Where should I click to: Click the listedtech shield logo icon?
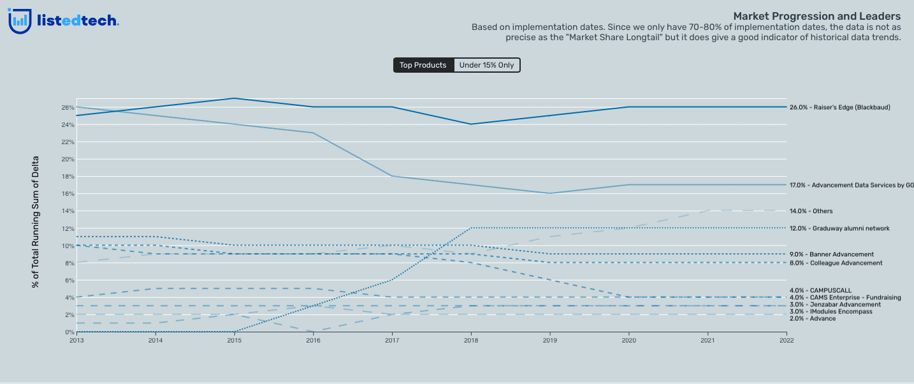click(20, 20)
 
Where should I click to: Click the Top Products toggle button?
click(423, 65)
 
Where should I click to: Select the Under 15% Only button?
click(486, 65)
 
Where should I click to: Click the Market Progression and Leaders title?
click(816, 16)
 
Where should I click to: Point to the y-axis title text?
click(36, 221)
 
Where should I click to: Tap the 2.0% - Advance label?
click(813, 318)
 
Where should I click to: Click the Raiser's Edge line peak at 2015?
click(234, 98)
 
